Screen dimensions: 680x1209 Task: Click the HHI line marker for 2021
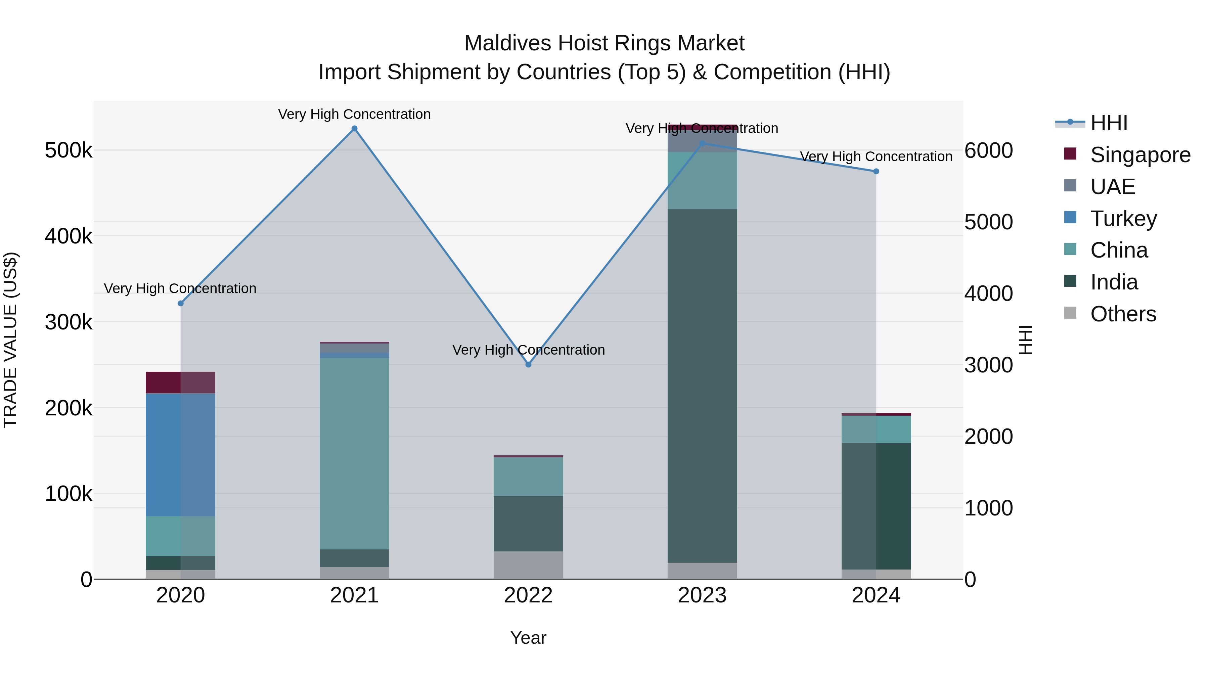[x=354, y=129]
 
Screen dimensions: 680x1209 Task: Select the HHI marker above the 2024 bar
[x=876, y=171]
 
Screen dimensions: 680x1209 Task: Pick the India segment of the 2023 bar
[x=702, y=385]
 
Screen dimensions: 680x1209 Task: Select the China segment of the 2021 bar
[x=354, y=453]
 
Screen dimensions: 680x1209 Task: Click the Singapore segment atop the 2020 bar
[x=180, y=382]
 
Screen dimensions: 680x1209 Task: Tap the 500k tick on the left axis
[x=69, y=151]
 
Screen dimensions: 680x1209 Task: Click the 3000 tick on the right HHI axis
[x=988, y=365]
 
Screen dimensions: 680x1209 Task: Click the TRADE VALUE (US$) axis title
[x=10, y=340]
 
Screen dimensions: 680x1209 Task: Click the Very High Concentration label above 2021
[x=354, y=114]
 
